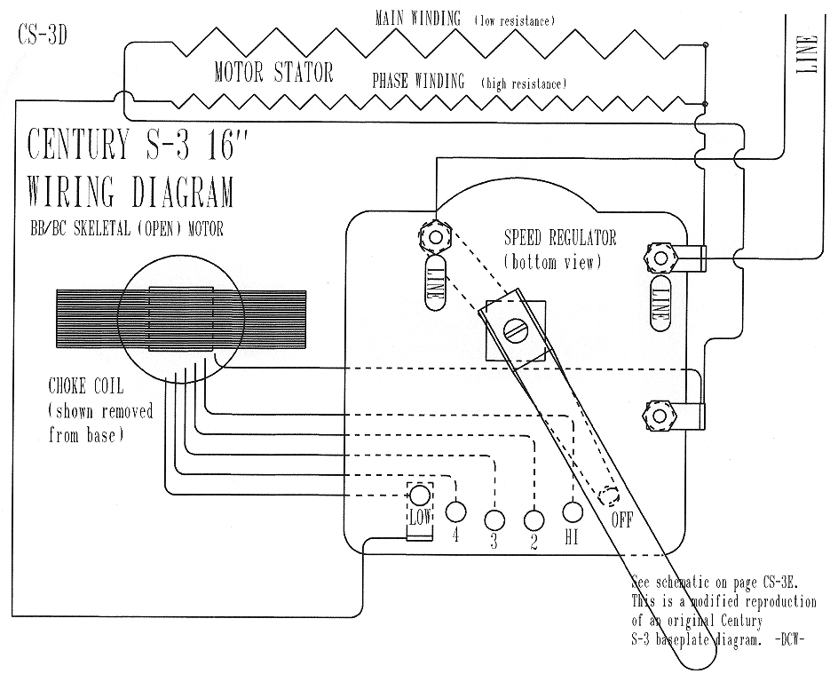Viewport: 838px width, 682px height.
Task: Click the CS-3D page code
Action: tap(43, 35)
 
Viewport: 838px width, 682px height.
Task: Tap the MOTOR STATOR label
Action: tap(273, 72)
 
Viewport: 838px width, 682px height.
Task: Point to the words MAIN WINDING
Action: tap(418, 19)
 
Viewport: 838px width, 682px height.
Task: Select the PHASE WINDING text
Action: tap(418, 81)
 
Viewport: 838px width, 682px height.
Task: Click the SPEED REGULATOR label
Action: tap(560, 237)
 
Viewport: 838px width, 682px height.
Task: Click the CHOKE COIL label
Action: tap(86, 385)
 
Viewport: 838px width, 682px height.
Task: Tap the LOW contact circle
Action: tap(420, 495)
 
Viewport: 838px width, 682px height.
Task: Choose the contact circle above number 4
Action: tap(455, 511)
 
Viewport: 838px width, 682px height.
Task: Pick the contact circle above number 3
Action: tap(494, 519)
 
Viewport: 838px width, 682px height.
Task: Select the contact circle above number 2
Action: tap(534, 520)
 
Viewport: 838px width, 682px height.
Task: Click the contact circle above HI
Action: tap(573, 512)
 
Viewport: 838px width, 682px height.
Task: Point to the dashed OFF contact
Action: tap(608, 496)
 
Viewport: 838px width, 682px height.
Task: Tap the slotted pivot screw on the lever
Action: tap(516, 332)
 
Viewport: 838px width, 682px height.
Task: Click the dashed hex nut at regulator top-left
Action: tap(436, 235)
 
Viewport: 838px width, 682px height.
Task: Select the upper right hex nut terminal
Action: tap(660, 258)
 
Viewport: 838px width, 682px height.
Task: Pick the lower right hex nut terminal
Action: tap(659, 416)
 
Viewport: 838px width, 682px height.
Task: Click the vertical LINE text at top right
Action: tap(807, 54)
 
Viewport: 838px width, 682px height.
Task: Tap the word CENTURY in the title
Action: tap(79, 144)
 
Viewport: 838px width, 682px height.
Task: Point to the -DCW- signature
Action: tap(789, 639)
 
